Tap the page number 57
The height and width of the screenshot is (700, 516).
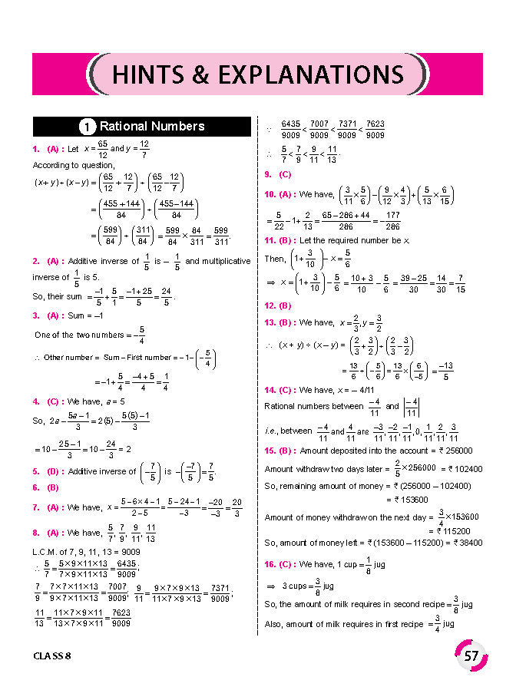coord(471,656)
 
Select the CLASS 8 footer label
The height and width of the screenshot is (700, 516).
coord(58,656)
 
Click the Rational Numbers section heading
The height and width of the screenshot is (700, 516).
coord(152,126)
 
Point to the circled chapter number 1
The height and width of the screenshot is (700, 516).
coord(88,127)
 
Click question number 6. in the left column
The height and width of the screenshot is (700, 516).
coord(36,487)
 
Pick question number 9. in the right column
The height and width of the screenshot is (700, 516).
coord(267,174)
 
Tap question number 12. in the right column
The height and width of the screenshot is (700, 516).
coord(270,305)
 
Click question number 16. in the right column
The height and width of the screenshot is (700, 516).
coord(270,564)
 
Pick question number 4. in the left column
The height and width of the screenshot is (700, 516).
coord(36,401)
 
